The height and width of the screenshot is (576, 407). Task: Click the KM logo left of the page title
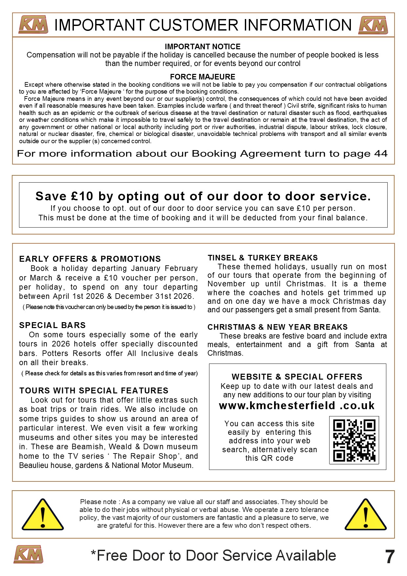point(33,25)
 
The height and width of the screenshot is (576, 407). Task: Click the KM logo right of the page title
point(373,25)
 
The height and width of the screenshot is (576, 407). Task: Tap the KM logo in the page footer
point(29,554)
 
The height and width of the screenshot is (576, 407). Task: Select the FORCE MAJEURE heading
point(203,77)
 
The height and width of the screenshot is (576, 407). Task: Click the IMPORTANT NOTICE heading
point(203,47)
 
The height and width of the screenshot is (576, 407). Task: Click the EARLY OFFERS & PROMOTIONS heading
point(90,259)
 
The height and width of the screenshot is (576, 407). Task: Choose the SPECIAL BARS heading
point(52,325)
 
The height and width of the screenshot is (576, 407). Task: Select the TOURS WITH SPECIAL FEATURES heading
point(94,390)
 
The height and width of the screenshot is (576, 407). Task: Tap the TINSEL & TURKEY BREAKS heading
point(263,258)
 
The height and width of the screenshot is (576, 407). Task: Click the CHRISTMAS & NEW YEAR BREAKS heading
point(277,327)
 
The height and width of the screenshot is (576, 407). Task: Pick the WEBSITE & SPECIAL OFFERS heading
point(297,377)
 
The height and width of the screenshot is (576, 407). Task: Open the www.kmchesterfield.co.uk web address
point(297,406)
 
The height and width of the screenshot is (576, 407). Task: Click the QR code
point(354,440)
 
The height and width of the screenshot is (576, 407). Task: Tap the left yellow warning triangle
point(43,515)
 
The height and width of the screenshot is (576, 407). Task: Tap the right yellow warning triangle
point(366,515)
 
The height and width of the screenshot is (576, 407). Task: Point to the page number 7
point(390,557)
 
